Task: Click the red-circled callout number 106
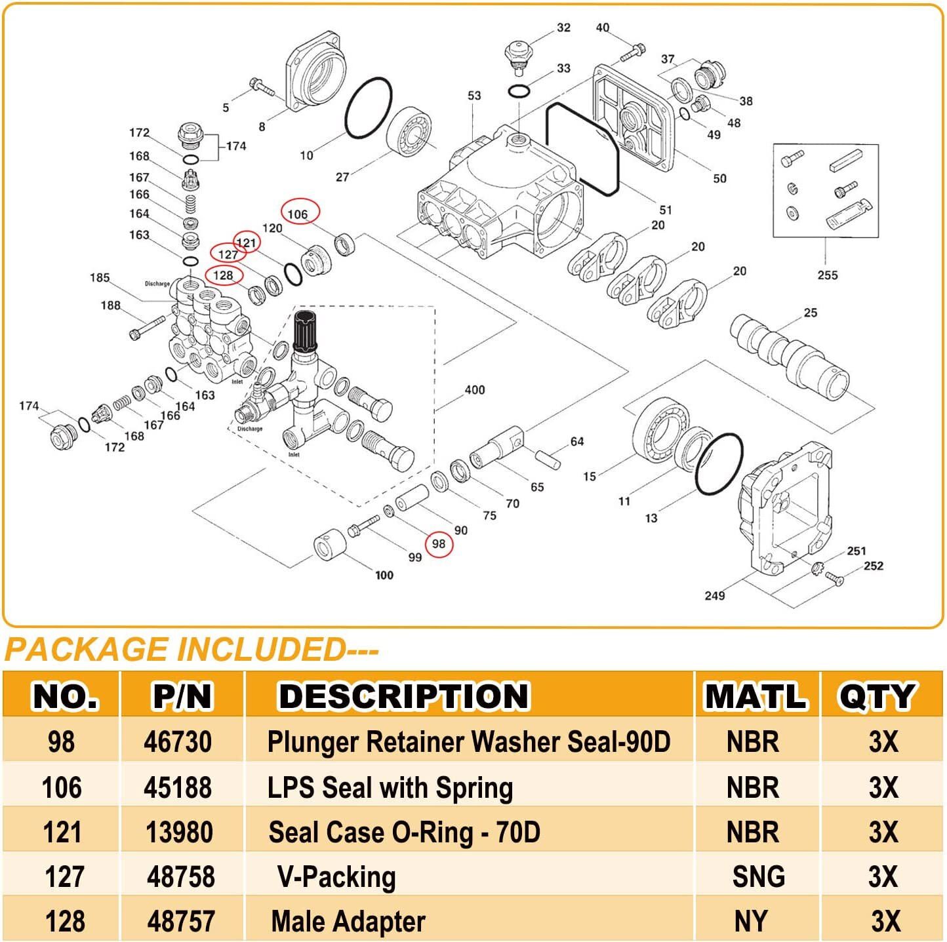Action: (x=299, y=213)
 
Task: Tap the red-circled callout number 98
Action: (x=439, y=543)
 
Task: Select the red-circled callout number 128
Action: (x=224, y=275)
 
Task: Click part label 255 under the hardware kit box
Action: (x=827, y=275)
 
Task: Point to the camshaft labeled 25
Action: (x=790, y=358)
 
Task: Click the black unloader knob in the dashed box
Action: (x=306, y=330)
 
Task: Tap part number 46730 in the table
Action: (x=178, y=741)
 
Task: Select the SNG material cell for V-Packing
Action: (x=758, y=876)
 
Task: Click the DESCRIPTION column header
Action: (x=403, y=696)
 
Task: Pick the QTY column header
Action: (x=876, y=696)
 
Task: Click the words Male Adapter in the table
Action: (x=348, y=921)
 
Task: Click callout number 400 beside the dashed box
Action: (x=474, y=390)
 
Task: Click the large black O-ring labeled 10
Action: (x=368, y=109)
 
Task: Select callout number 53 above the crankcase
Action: (x=474, y=96)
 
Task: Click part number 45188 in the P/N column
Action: (x=178, y=787)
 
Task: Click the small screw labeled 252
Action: (x=836, y=578)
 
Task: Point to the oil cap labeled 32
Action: (x=518, y=52)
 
